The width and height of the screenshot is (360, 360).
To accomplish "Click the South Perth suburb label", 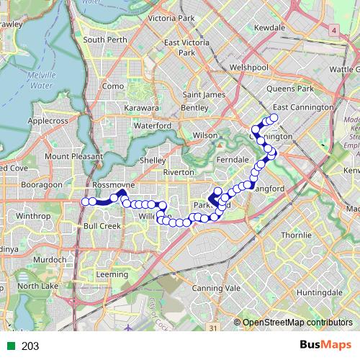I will pyautogui.click(x=104, y=40).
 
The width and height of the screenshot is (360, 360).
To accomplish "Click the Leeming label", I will pyautogui.click(x=111, y=274).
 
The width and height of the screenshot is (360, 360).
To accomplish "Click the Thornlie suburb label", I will pyautogui.click(x=296, y=235).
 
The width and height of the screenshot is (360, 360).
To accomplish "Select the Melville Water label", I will pyautogui.click(x=45, y=78).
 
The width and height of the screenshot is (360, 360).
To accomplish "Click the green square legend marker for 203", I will pyautogui.click(x=9, y=346).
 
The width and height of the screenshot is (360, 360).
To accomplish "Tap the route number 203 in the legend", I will pyautogui.click(x=30, y=346).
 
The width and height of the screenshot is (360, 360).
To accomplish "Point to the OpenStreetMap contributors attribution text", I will pyautogui.click(x=297, y=323).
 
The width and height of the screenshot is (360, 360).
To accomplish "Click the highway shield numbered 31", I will pyautogui.click(x=212, y=328).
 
